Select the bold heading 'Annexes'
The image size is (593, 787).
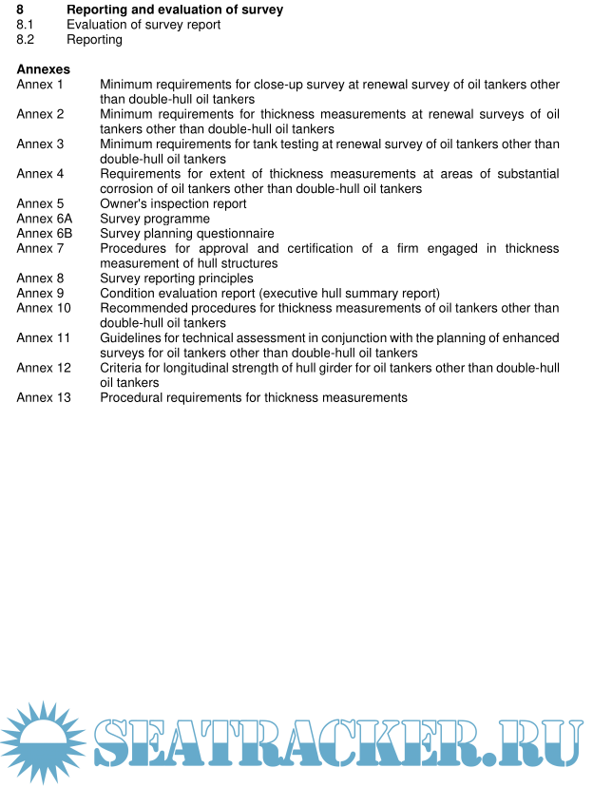click(x=43, y=69)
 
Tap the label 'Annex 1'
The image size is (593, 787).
click(x=40, y=85)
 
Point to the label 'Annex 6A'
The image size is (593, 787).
click(x=44, y=219)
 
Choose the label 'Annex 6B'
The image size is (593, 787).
click(x=44, y=233)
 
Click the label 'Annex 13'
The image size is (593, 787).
click(x=44, y=397)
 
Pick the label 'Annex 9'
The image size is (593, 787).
click(x=40, y=293)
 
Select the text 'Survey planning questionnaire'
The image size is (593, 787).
click(x=187, y=233)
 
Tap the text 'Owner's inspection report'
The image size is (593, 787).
click(x=173, y=203)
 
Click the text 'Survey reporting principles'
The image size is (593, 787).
click(x=177, y=278)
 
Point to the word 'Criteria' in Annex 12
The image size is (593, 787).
click(x=124, y=368)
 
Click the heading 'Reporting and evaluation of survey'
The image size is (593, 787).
click(x=175, y=10)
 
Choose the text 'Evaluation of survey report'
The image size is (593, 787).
click(x=143, y=25)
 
